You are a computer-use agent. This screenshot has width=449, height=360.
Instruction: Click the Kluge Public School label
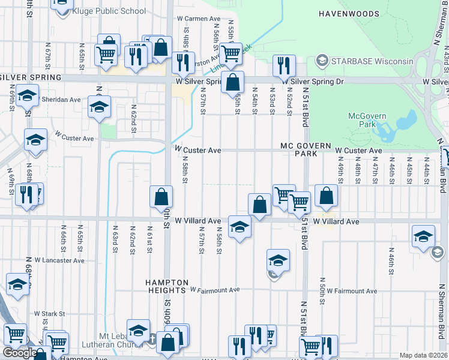108,11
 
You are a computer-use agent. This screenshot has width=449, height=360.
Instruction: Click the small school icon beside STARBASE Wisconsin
322,61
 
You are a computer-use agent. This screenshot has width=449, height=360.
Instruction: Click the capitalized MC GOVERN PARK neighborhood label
306,150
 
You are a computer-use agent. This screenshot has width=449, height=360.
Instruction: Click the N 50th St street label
322,289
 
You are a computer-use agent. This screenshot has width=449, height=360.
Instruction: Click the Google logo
19,353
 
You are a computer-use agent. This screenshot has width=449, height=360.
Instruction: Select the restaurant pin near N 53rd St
283,65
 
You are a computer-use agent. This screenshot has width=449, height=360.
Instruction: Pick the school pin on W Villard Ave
240,227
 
